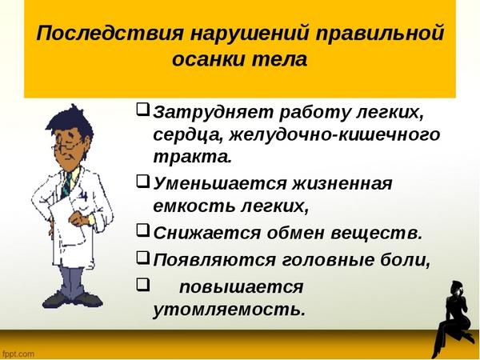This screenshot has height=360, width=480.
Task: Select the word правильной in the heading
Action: click(x=379, y=34)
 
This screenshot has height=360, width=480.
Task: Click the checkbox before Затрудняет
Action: click(x=142, y=109)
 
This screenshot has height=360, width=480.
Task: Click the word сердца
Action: click(x=188, y=135)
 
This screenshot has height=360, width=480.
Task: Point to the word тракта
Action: click(x=192, y=157)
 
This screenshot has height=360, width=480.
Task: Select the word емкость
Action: click(x=194, y=206)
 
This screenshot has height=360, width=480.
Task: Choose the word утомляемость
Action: click(x=229, y=310)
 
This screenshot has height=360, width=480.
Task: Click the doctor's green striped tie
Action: click(x=66, y=186)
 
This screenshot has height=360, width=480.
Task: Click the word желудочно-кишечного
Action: click(x=334, y=135)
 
